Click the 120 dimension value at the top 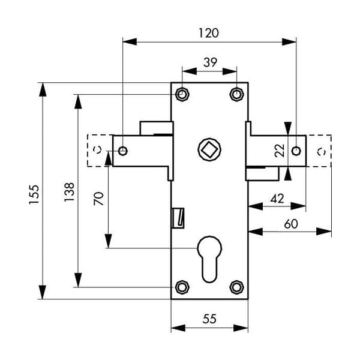coord(208,33)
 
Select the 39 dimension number coord(210,62)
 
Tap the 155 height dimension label coord(34,194)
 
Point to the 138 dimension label coord(69,192)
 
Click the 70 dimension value coord(99,199)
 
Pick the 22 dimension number coord(280,151)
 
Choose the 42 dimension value coord(277,199)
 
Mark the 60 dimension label coord(291,224)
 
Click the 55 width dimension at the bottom coord(209,319)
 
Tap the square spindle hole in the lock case coord(209,149)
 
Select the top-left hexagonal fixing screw coord(182,94)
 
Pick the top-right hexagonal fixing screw coord(237,94)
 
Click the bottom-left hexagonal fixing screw coord(182,287)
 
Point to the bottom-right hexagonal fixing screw coord(237,287)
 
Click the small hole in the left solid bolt coord(123,151)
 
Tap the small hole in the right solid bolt coord(296,151)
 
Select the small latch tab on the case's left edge coord(178,218)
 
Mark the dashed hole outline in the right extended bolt coord(321,152)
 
